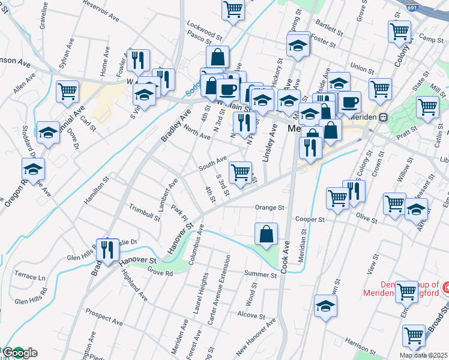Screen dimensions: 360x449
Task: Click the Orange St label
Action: tap(269, 208)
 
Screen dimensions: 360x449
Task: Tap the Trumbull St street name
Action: tap(144, 212)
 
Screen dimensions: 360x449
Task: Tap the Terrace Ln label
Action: tap(30, 278)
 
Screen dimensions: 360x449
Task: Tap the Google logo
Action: tap(19, 353)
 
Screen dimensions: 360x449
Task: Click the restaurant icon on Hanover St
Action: tap(108, 249)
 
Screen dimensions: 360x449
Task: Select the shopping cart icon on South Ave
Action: tap(241, 172)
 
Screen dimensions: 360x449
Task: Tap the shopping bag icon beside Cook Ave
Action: tap(265, 234)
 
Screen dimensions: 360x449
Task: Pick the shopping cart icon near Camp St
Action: tap(399, 31)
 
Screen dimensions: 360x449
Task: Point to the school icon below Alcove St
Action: tap(325, 306)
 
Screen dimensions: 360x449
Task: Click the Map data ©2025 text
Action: tap(423, 355)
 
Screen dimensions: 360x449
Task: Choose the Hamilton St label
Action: tap(96, 190)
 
